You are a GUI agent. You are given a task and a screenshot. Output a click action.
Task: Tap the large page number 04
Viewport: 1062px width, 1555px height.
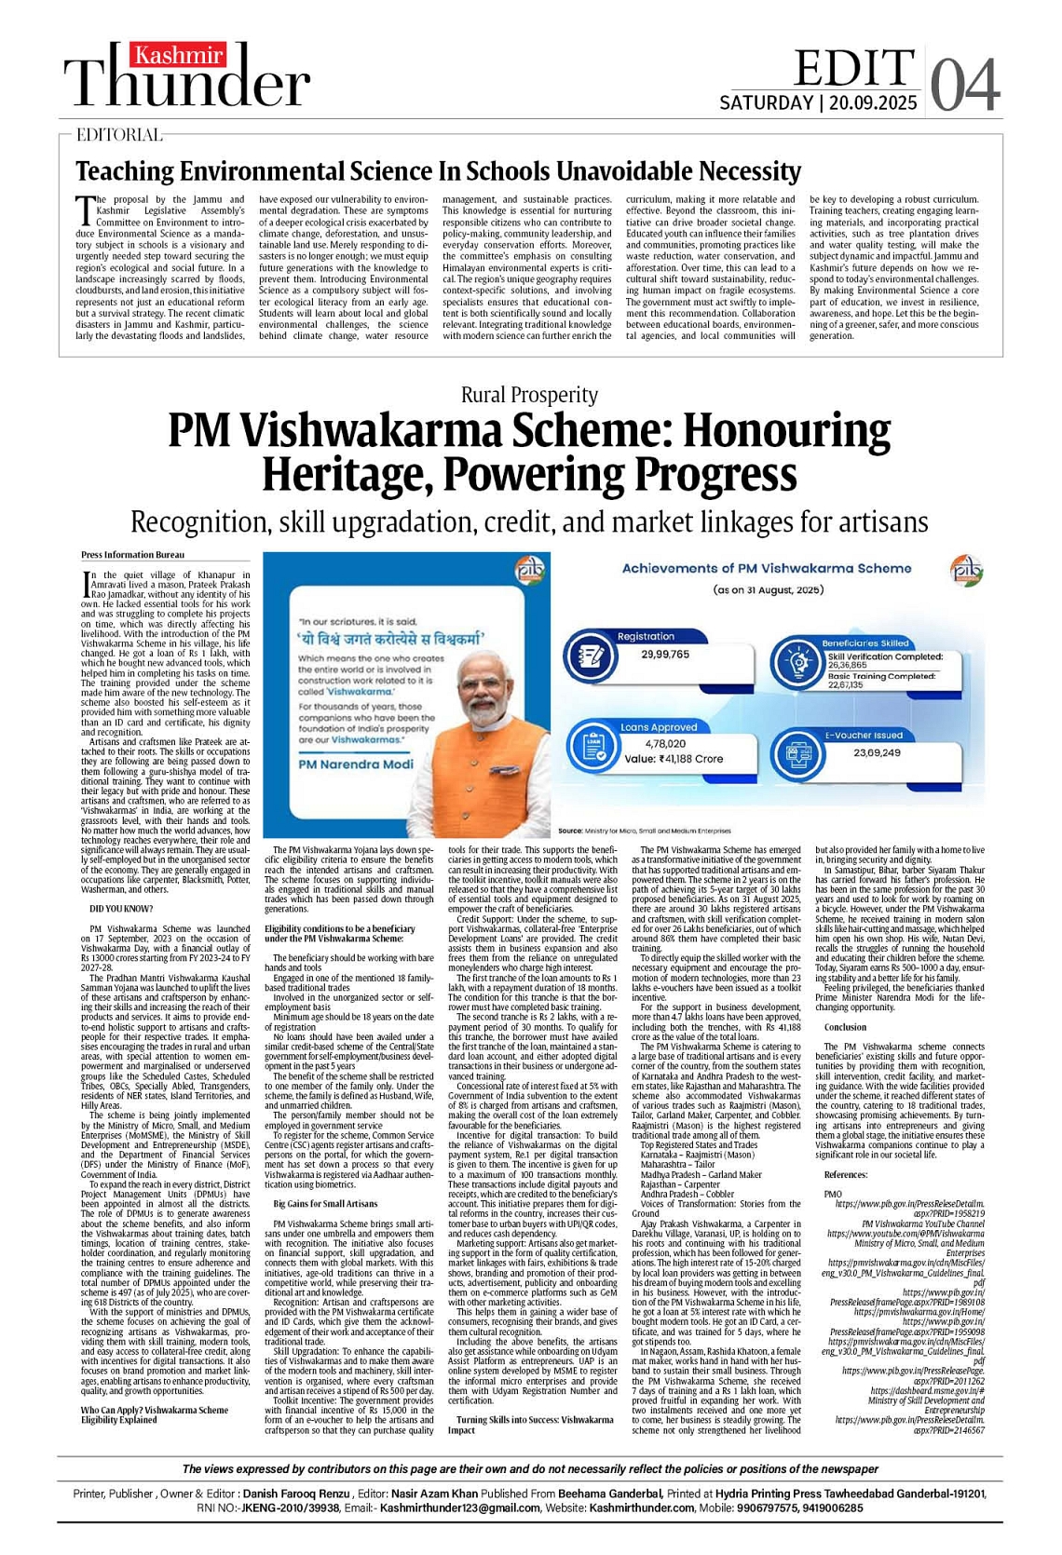click(x=965, y=86)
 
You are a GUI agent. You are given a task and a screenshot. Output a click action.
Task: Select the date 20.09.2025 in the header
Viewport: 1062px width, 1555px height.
click(x=873, y=103)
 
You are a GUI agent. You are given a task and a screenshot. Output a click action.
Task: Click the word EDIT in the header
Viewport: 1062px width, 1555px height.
click(x=853, y=68)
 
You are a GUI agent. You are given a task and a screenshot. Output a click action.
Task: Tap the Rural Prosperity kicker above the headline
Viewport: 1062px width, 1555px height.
click(x=529, y=395)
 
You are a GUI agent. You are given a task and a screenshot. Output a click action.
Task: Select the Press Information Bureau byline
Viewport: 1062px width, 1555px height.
click(x=132, y=555)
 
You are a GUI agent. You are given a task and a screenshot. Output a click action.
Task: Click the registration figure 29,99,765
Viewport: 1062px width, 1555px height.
click(x=665, y=655)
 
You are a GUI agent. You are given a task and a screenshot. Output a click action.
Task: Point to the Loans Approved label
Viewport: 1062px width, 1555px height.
click(x=659, y=727)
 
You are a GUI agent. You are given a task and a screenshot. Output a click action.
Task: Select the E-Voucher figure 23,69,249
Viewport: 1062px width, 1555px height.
click(x=877, y=752)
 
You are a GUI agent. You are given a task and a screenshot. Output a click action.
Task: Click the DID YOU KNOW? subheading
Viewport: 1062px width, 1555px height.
click(x=121, y=909)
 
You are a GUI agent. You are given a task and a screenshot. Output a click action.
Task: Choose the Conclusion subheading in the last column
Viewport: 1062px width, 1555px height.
click(x=845, y=1027)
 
